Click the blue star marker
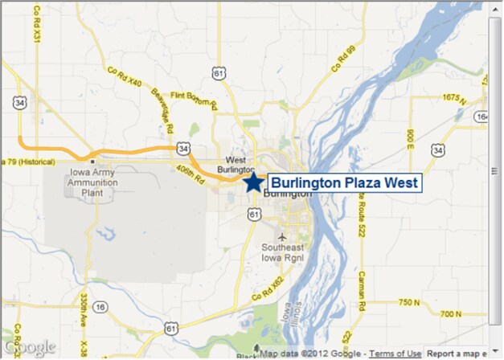(253, 182)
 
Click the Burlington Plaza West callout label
(344, 183)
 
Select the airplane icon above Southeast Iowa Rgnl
(281, 237)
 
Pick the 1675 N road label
(453, 97)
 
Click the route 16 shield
(100, 307)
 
